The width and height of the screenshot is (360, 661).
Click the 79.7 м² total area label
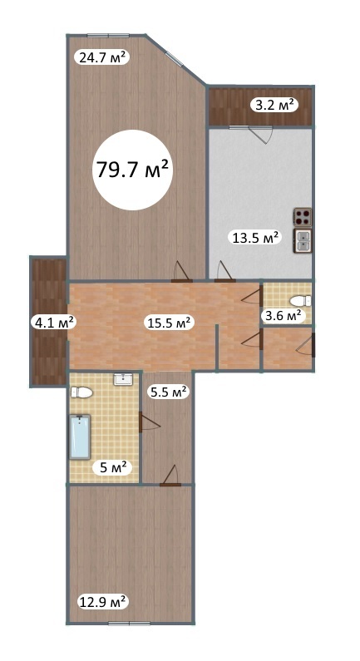point(133,170)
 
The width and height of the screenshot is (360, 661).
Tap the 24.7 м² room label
point(101,57)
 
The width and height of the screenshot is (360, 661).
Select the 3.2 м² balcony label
point(274,105)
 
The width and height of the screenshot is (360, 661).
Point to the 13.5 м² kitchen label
point(254,237)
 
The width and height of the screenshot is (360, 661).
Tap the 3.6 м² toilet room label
point(282,315)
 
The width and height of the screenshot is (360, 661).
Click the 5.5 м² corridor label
point(168,392)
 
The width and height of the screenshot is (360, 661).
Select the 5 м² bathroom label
point(113,467)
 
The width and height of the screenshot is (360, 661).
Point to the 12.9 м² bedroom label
point(102,600)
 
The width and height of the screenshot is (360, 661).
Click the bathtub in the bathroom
point(80,437)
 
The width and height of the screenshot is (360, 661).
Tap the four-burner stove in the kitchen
point(303,218)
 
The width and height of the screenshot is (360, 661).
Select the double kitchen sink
point(303,241)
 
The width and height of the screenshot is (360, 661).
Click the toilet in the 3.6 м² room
point(301,301)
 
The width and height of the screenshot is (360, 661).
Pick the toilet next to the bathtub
point(81,393)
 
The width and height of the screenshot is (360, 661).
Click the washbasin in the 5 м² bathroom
point(124,379)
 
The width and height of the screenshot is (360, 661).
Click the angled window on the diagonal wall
point(175,58)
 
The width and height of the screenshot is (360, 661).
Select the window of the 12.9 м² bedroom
point(130,623)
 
